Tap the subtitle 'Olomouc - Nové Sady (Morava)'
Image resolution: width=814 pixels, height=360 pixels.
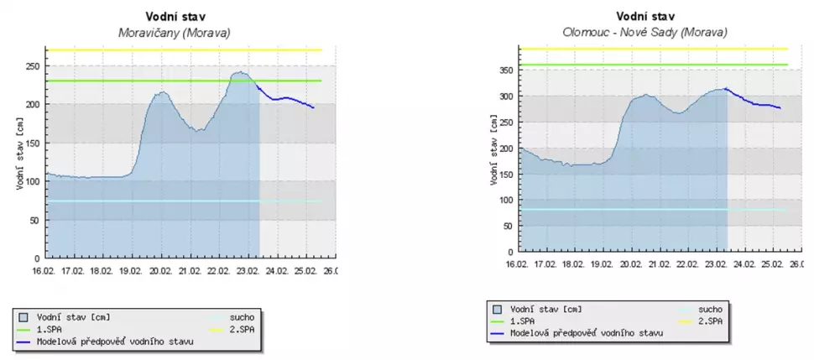coord(644,32)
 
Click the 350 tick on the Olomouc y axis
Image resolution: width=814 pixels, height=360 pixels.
coord(504,70)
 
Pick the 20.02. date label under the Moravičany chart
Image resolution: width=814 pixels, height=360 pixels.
coord(159,271)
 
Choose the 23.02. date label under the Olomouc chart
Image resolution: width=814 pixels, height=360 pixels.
coord(716,263)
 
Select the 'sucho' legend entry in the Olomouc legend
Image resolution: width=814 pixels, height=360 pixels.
coord(710,309)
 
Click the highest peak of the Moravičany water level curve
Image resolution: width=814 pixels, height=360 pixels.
coord(239,72)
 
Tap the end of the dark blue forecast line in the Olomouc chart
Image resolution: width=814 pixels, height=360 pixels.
coord(780,107)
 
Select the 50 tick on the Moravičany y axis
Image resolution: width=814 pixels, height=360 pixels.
coord(34,220)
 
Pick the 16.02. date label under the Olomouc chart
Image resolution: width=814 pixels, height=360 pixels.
coord(517,263)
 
